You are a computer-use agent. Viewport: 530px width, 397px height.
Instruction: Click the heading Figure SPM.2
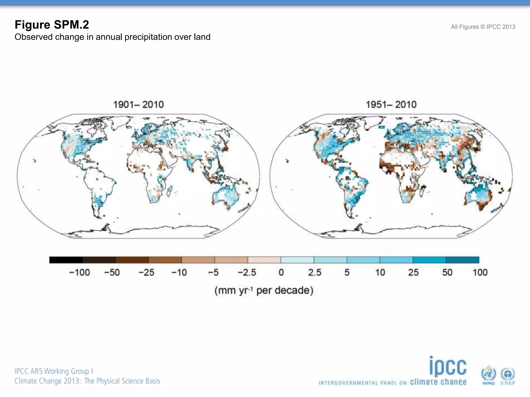click(52, 25)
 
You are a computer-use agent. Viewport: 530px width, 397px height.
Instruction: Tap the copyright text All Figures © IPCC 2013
click(483, 27)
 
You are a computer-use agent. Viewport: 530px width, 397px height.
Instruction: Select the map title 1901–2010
click(138, 105)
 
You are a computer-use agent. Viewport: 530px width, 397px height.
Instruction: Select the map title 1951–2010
click(391, 105)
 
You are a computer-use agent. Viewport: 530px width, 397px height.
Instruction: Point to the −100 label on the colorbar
click(79, 272)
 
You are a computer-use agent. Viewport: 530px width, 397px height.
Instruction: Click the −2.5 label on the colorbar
click(247, 272)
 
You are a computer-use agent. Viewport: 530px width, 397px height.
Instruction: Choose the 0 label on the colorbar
click(281, 272)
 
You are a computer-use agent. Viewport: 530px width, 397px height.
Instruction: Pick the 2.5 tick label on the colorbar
click(314, 272)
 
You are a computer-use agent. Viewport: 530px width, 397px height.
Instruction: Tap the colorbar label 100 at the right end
click(480, 272)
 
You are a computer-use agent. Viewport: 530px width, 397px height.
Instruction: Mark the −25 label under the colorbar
click(146, 272)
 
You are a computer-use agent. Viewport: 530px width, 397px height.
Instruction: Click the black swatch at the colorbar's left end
click(66, 260)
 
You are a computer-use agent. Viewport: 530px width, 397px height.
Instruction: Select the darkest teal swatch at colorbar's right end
click(462, 260)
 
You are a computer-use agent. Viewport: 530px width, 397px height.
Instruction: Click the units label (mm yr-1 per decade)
click(264, 291)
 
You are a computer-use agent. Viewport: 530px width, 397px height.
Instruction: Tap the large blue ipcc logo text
click(448, 367)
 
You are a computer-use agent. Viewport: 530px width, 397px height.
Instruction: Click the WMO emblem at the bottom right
click(488, 375)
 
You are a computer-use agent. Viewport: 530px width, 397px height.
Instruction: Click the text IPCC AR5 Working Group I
click(54, 371)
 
